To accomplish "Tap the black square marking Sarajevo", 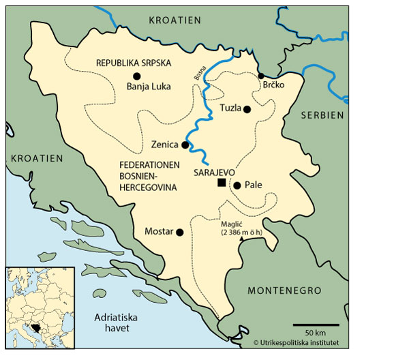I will coord(221,183).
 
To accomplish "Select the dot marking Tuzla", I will coord(247,109).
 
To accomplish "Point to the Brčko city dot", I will coord(260,76).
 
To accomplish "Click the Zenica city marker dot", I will coord(184,145).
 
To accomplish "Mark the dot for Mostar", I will coord(180,232).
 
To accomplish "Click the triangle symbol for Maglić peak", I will coord(241,239).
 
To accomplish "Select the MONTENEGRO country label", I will coord(284,290).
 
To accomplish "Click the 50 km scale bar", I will coord(316,325).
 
